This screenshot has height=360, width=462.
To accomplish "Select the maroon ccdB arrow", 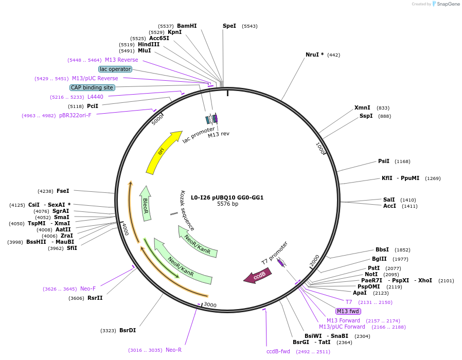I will pos(258,276).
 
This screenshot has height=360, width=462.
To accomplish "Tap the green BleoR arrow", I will pos(145,203).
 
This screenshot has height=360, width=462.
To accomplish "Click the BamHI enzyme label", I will pos(187,26).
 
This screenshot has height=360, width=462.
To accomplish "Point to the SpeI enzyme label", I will pos(229,26).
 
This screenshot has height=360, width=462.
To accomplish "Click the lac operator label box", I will pos(115,69).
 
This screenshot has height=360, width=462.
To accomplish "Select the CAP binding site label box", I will pos(92,87).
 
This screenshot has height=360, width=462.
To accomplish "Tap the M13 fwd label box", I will pos(348,311).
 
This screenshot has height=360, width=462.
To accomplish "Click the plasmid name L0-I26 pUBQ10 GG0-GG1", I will pos(227,197).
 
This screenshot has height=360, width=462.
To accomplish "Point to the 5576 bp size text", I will pos(227,204).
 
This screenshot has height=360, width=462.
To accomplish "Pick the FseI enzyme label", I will pos(63,191).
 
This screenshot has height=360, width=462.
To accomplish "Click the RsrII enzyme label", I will pos(95,298).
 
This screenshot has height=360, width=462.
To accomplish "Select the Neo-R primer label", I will pos(173,350).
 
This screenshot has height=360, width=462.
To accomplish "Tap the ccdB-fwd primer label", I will pos(278,351).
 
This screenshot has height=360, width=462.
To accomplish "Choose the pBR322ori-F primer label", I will pos(75,116).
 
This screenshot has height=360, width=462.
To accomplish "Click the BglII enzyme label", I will pos(379,259).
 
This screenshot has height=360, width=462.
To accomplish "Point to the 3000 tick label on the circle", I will pos(210,304).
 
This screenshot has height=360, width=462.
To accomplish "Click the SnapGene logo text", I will pos(449,4).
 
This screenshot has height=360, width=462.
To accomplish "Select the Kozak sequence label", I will pos(187,210).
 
